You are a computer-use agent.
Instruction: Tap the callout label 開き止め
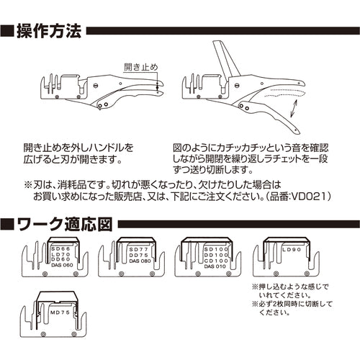pos(141,66)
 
